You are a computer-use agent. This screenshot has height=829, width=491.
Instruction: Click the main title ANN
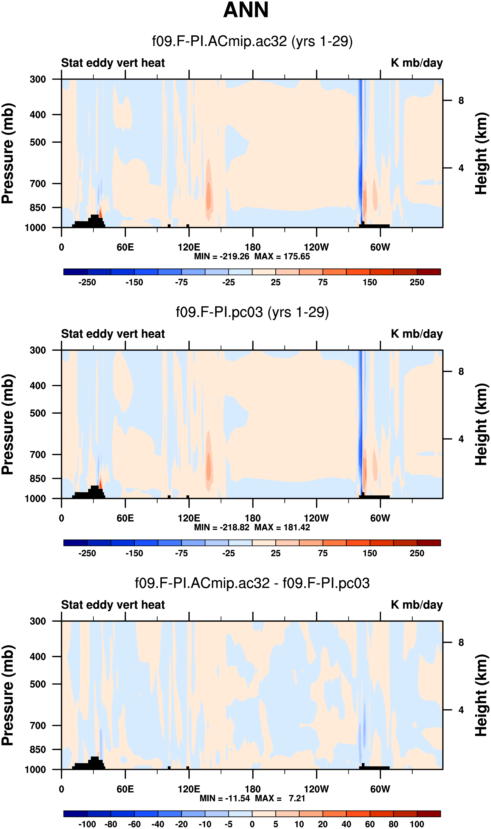pyautogui.click(x=246, y=10)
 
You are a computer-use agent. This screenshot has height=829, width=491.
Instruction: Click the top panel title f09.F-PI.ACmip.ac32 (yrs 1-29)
pyautogui.click(x=252, y=42)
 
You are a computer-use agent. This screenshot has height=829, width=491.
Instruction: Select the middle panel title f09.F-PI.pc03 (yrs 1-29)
pyautogui.click(x=252, y=312)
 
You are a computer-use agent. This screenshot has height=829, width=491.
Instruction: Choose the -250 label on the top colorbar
pyautogui.click(x=87, y=282)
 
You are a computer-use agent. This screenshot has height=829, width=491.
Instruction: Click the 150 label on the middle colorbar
pyautogui.click(x=370, y=553)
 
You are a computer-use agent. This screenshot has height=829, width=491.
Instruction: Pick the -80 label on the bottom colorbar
pyautogui.click(x=110, y=824)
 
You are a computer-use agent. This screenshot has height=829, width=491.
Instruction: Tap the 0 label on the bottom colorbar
pyautogui.click(x=252, y=824)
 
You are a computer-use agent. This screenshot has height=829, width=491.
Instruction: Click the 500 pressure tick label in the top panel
pyautogui.click(x=38, y=142)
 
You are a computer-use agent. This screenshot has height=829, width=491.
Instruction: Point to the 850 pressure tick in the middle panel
pyautogui.click(x=38, y=478)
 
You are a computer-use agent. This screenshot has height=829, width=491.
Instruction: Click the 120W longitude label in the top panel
pyautogui.click(x=316, y=247)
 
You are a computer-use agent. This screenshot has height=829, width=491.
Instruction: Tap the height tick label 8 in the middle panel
pyautogui.click(x=461, y=372)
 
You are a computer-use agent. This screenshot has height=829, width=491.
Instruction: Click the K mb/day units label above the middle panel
pyautogui.click(x=417, y=334)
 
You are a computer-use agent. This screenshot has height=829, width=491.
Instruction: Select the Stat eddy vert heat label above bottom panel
pyautogui.click(x=113, y=605)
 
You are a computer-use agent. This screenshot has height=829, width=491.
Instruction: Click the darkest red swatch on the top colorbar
pyautogui.click(x=429, y=272)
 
